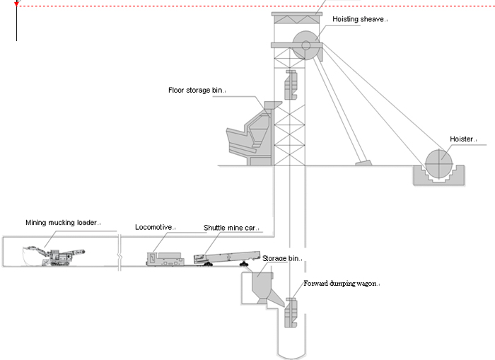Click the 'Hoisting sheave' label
pos(359,20)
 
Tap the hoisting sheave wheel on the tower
pos(306,46)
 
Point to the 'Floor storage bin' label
pos(196,91)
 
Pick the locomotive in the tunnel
pos(168,257)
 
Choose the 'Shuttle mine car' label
pos(231,227)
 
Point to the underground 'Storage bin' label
pos(281,259)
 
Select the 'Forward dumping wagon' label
pos(342,284)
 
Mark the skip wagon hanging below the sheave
pos(289,86)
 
